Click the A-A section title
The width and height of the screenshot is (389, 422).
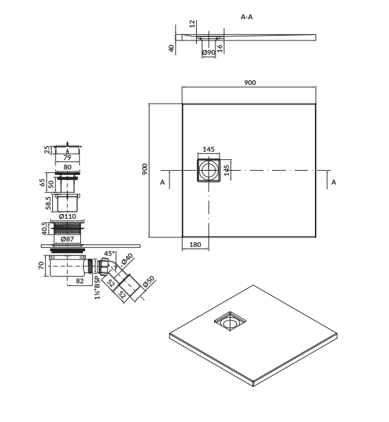(246, 17)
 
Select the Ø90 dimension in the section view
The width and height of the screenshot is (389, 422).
(209, 52)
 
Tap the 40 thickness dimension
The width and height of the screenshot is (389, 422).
(171, 49)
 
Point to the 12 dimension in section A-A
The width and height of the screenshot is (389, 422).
(192, 24)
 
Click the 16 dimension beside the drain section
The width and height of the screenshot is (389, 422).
(220, 48)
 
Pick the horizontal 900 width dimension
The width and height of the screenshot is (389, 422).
(250, 82)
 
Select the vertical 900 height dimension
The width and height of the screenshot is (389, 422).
(145, 169)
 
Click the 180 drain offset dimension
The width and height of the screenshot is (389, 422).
(196, 244)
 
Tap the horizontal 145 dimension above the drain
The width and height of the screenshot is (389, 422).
(209, 149)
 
